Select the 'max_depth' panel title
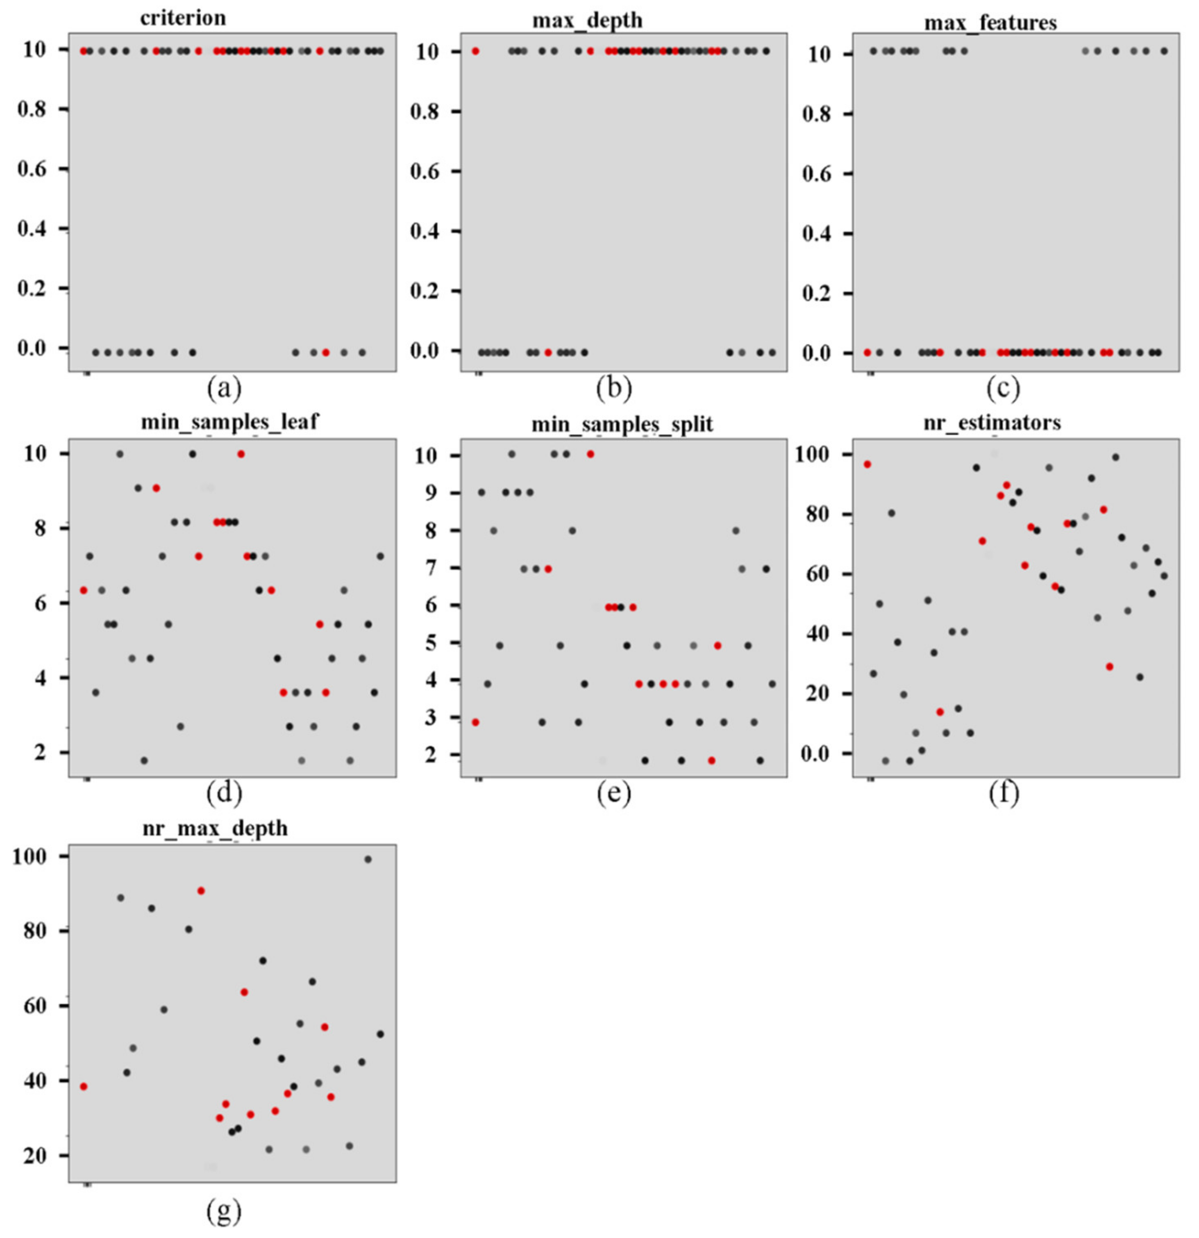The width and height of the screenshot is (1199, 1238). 587,20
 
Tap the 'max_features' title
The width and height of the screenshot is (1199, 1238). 990,23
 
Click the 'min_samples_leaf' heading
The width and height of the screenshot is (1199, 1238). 229,421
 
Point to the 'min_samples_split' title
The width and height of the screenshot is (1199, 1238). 622,424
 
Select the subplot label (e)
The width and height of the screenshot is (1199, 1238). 614,794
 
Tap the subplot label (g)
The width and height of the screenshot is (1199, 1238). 223,1210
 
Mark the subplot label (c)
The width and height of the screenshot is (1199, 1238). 1003,390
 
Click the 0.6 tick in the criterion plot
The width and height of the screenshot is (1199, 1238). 41,168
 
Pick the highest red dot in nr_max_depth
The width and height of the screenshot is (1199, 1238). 201,891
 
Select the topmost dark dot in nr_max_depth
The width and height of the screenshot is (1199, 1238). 368,860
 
